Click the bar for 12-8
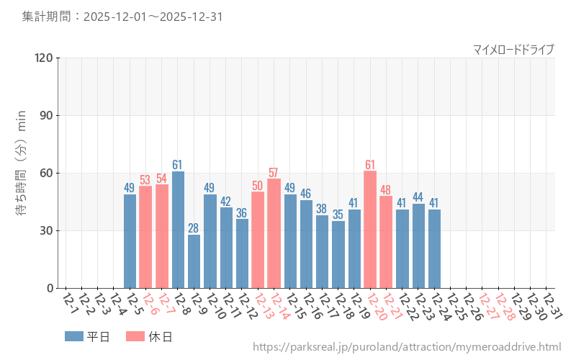178,230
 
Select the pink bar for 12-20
370,230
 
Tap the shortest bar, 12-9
194,261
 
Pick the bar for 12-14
274,233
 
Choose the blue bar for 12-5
130,241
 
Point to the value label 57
274,173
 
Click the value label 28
194,229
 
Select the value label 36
242,213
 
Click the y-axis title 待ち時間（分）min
22,173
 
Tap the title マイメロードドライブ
513,49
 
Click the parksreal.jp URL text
407,347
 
